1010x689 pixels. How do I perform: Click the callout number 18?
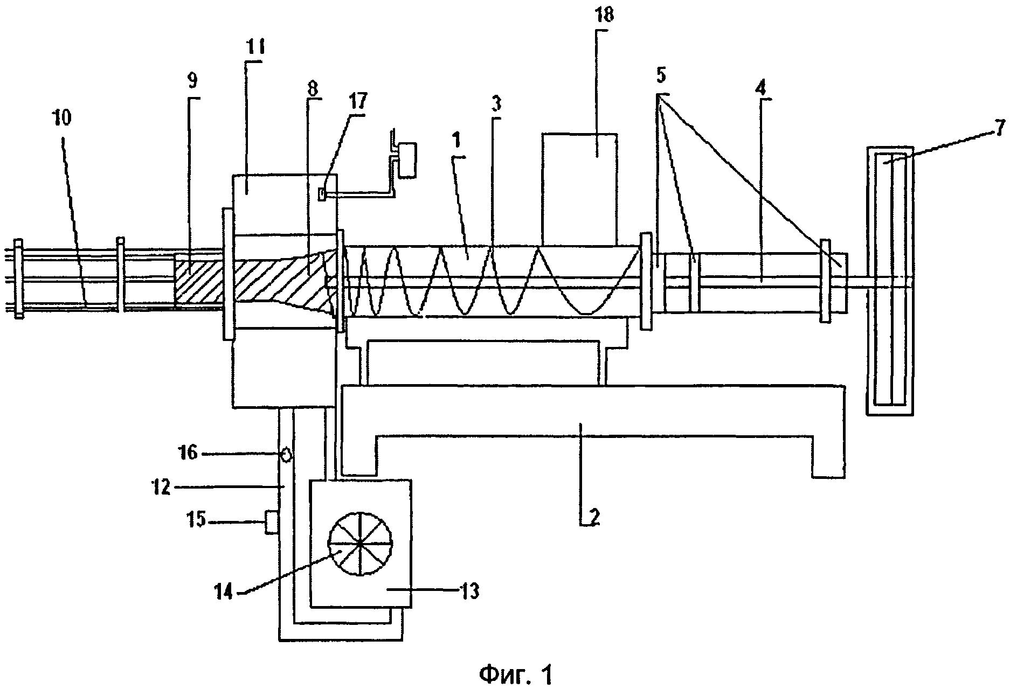(605, 15)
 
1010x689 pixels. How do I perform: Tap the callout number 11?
(253, 47)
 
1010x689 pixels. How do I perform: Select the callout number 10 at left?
(62, 117)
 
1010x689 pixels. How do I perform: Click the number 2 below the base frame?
(593, 517)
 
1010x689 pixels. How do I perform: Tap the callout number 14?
(224, 593)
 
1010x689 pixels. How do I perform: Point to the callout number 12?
(162, 488)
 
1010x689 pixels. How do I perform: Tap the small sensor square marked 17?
(322, 193)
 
